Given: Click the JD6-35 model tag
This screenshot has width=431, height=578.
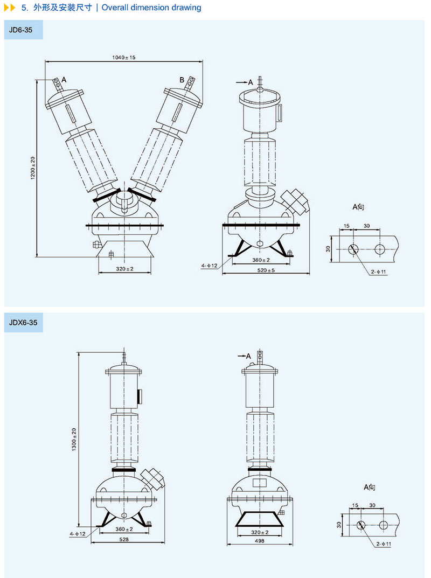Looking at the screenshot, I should [21, 30].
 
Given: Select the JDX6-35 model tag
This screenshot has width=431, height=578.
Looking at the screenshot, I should [23, 323].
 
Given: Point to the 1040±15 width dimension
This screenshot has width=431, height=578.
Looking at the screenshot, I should [124, 57].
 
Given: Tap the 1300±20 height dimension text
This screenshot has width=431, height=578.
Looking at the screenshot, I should [74, 440].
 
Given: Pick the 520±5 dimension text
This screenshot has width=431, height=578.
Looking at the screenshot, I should [266, 270].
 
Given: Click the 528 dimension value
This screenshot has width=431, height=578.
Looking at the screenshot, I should [123, 539].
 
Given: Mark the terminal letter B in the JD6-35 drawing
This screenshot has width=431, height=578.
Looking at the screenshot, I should [182, 80].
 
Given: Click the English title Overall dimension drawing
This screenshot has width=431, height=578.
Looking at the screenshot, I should [151, 8].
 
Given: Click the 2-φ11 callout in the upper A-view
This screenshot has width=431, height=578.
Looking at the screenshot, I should [379, 273].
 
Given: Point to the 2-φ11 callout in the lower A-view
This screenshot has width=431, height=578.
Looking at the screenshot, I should [384, 545].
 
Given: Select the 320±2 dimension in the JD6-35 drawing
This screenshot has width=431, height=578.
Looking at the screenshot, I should [124, 268].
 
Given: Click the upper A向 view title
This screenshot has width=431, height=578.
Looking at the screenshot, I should [359, 207].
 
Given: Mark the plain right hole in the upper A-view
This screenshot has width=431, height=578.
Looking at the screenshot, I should [380, 248].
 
